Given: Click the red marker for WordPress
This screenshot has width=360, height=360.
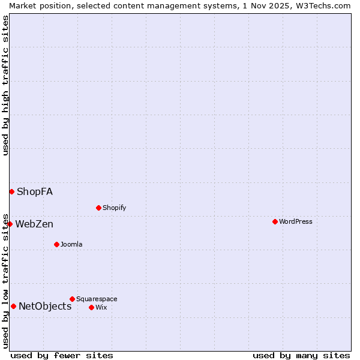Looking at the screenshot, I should (275, 221).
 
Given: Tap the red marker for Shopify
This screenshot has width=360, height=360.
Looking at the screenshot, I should (98, 208).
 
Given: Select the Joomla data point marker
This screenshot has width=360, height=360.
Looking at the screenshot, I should (56, 244).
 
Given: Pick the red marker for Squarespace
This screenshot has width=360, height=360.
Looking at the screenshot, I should (72, 299).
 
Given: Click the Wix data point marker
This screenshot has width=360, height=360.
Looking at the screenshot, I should (91, 307).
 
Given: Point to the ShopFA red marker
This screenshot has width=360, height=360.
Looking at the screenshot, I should (11, 191).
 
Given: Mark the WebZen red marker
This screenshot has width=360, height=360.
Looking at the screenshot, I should (10, 224).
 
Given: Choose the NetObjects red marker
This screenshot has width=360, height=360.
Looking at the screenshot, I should (13, 306).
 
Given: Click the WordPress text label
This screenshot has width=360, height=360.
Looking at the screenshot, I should (296, 221).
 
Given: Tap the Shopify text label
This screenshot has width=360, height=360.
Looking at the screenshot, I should (114, 208).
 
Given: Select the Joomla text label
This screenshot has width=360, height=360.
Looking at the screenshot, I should (71, 244).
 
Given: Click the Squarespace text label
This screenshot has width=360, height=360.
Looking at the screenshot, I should (97, 299).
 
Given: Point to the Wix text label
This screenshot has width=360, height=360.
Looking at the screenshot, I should (101, 307).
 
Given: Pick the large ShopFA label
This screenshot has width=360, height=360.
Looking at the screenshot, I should (35, 191).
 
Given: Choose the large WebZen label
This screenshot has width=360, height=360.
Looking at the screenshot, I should (34, 224).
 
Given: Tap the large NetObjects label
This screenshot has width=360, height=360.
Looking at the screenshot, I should (45, 306).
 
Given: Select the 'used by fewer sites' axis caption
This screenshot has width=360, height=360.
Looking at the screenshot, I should (62, 355).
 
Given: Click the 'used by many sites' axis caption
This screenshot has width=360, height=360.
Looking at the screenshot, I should (301, 355).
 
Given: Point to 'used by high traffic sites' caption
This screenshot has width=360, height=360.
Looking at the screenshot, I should (5, 85).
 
